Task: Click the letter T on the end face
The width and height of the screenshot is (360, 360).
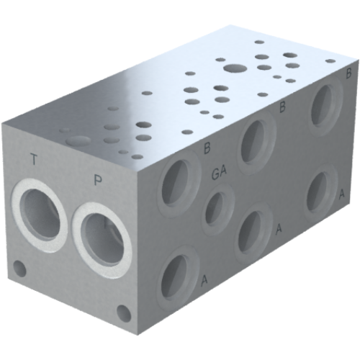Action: (x=34, y=159)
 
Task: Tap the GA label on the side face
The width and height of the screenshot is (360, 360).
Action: (x=220, y=174)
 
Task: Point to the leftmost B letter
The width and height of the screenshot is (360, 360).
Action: (x=207, y=149)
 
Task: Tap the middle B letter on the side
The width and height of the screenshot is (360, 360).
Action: (x=283, y=108)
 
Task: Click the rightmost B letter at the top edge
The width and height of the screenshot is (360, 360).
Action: (x=348, y=73)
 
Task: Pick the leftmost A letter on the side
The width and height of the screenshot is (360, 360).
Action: (x=204, y=279)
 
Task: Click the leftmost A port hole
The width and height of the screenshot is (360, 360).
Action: (x=175, y=276)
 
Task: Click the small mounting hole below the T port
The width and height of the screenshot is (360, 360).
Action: (x=21, y=271)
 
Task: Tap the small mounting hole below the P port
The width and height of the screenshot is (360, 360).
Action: (x=123, y=313)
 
